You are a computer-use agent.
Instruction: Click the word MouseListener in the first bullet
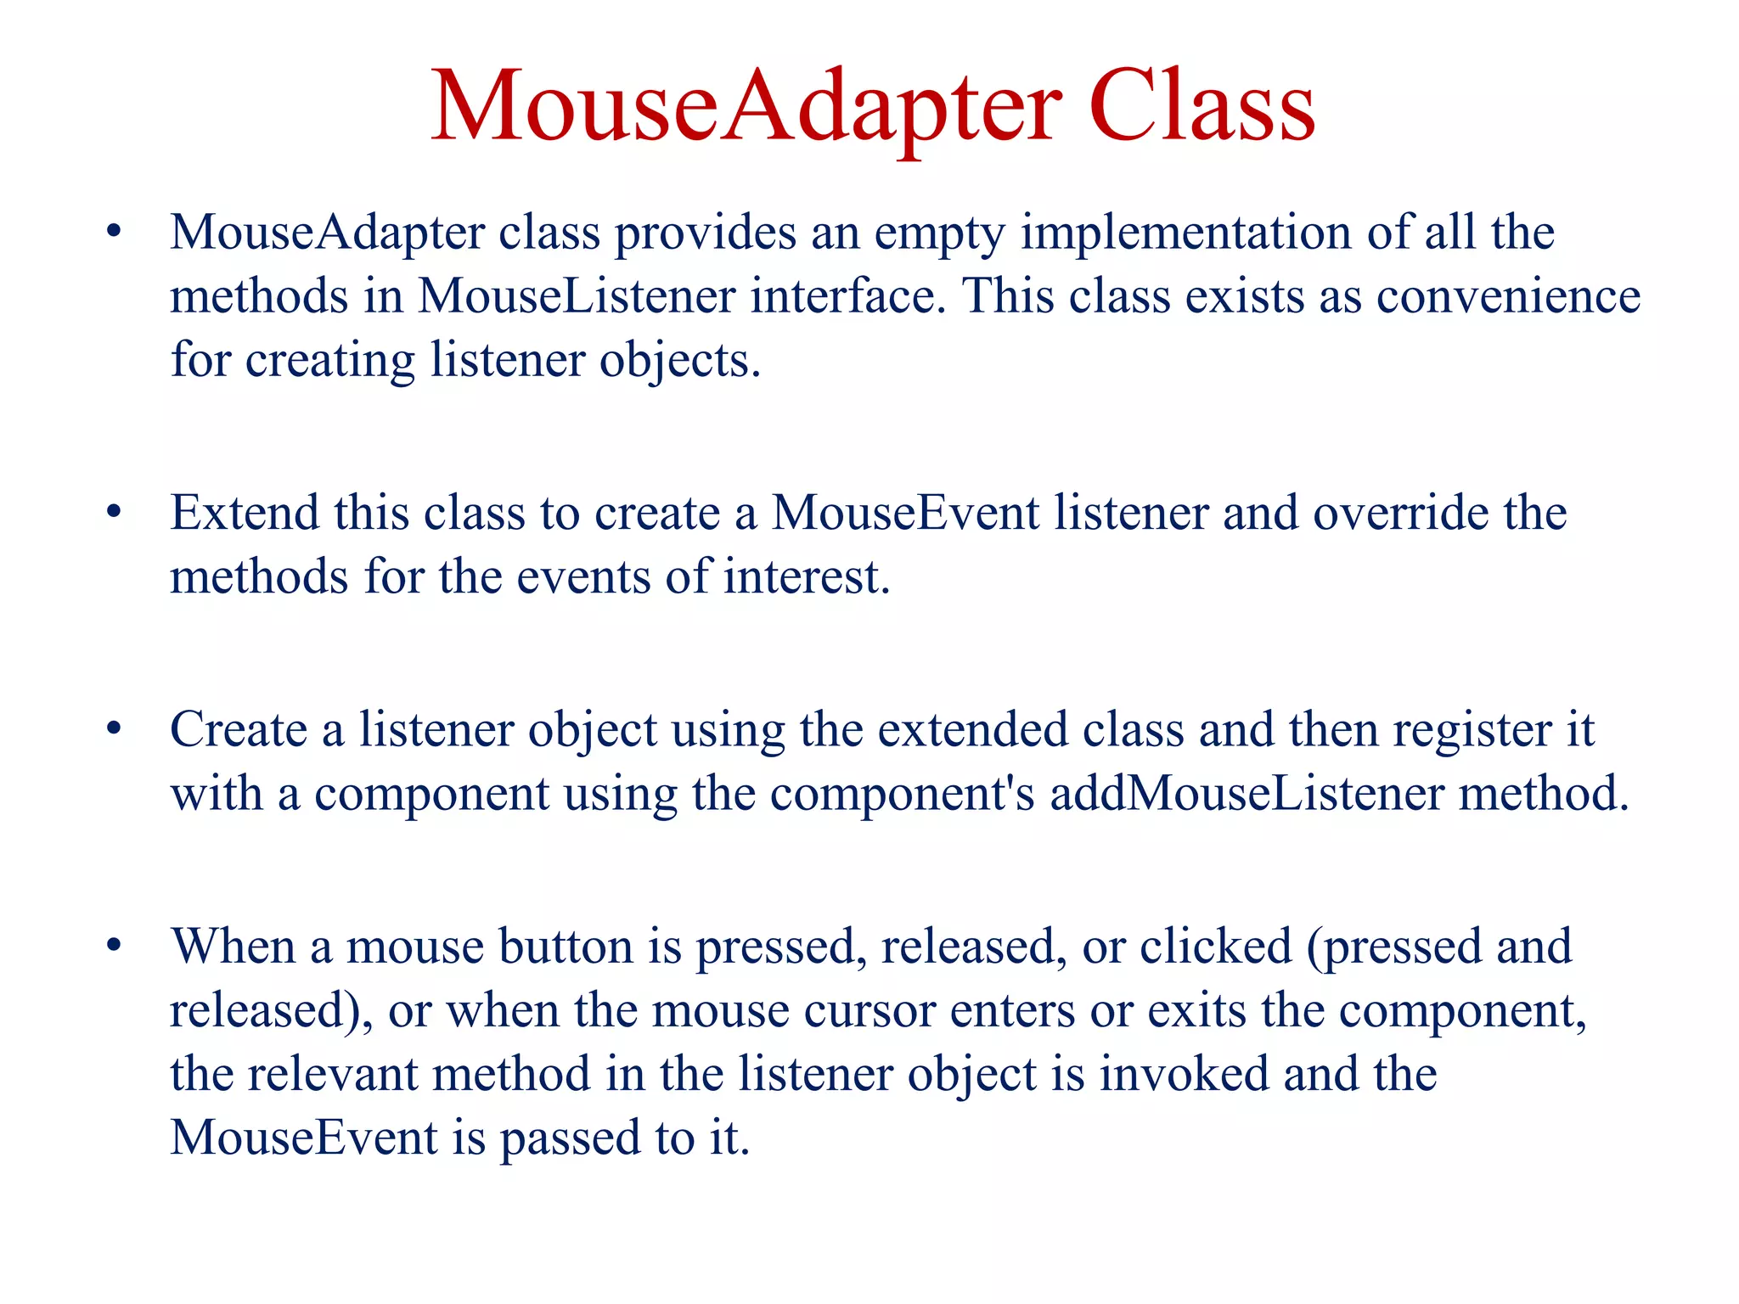576,295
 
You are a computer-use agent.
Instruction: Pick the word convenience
1508,295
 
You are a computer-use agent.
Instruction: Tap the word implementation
1185,233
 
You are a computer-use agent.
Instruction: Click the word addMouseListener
1247,793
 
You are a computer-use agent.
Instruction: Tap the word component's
902,795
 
